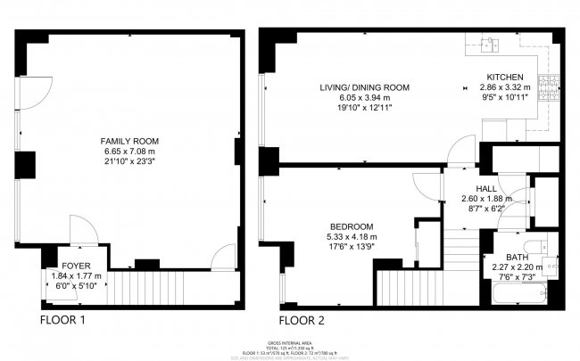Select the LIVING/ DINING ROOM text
pos(365,87)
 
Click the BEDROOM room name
pos(350,226)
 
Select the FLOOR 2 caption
pos(307,319)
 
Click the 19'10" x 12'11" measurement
pos(365,108)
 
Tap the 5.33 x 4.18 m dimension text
pos(350,237)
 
